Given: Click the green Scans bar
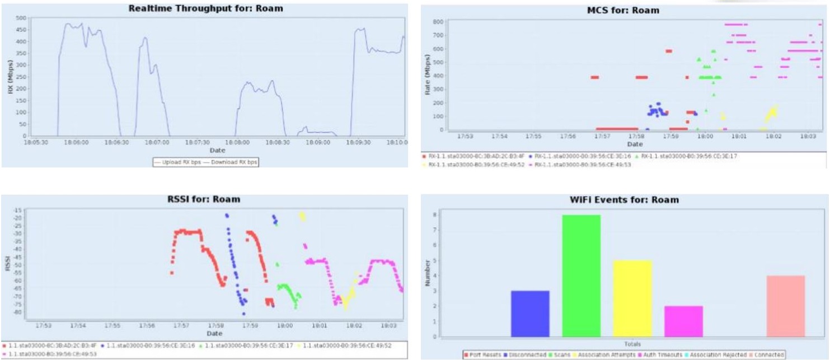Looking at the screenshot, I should [x=581, y=276].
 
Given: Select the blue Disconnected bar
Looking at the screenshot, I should [x=530, y=314].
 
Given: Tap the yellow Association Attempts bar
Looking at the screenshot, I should [x=632, y=298].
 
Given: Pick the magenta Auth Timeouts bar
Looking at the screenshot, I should [x=683, y=321].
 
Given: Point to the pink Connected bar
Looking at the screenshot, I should [x=786, y=306].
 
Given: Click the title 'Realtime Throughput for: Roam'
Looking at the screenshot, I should [x=205, y=8].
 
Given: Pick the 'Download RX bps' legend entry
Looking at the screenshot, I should [x=231, y=162].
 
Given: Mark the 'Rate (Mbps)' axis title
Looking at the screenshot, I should [x=428, y=74].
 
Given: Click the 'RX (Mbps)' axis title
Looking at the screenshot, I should [x=10, y=77].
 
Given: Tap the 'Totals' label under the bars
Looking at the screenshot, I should [x=632, y=344].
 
